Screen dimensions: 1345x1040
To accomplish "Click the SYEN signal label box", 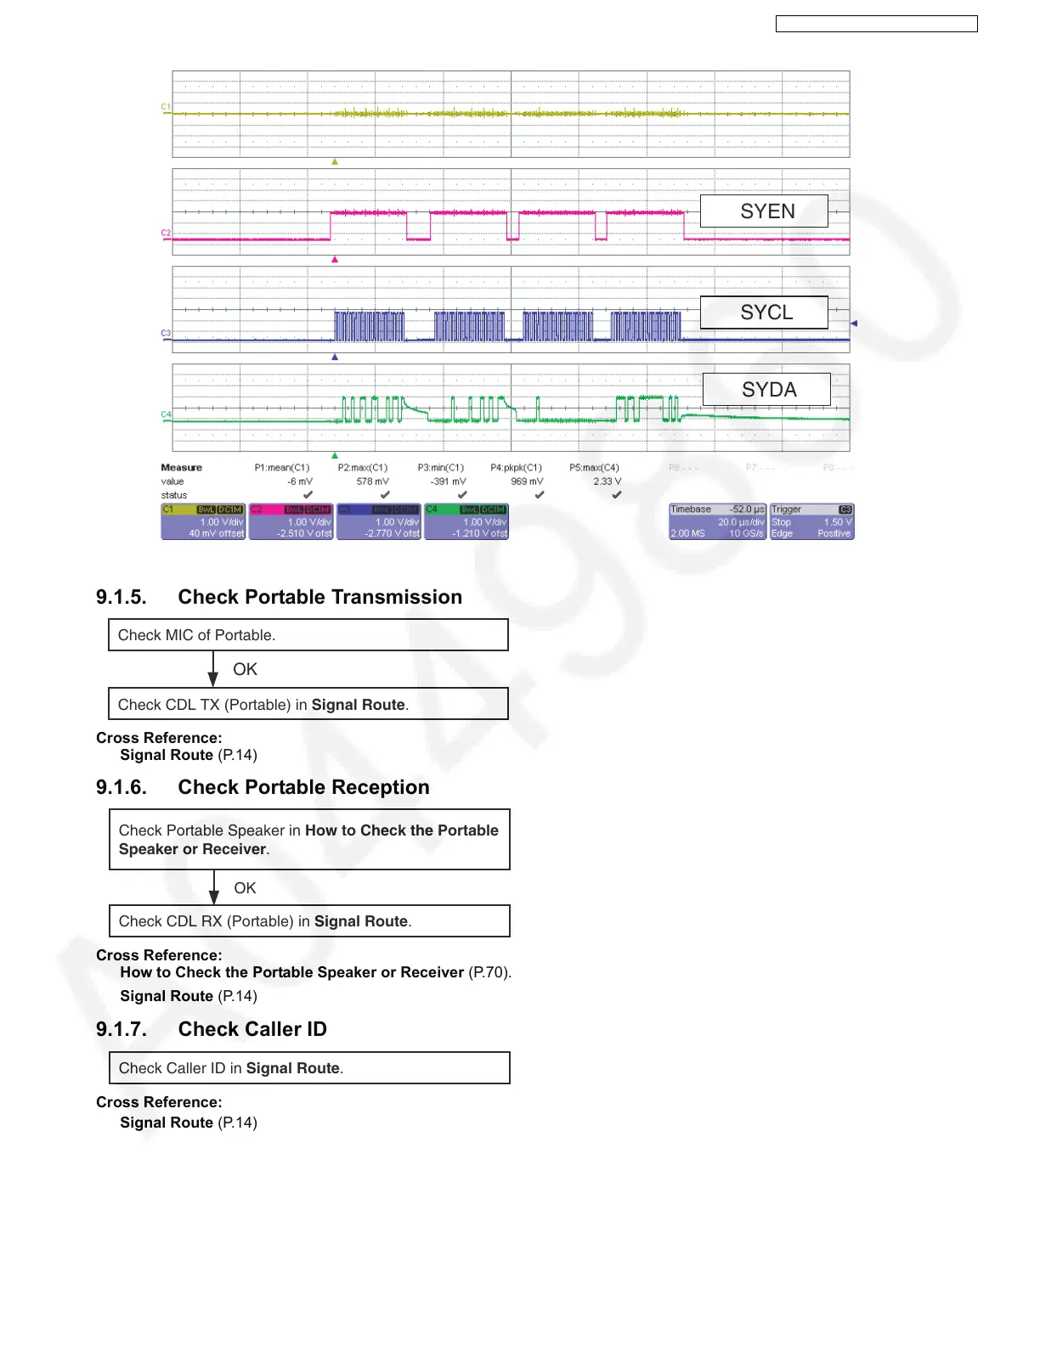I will click(x=763, y=211).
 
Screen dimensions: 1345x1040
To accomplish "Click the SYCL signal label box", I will click(x=763, y=312).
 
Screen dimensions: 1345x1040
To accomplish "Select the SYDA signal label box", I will click(x=766, y=389).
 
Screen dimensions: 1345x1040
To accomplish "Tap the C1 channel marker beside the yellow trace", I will click(x=166, y=107).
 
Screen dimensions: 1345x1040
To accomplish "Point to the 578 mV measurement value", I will click(x=372, y=481).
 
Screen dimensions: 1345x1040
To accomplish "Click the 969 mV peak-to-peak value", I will click(x=527, y=481).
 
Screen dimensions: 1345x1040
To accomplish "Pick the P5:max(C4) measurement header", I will click(x=594, y=468).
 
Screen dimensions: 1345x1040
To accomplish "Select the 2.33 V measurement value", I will click(x=607, y=481).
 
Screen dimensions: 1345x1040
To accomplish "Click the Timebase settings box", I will click(x=717, y=521).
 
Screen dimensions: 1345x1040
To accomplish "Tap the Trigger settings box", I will click(x=811, y=521).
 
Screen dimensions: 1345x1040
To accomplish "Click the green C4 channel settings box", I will click(x=466, y=521).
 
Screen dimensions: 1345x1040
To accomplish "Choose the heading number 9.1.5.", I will click(x=121, y=597).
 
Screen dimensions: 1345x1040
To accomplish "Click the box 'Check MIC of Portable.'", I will click(x=308, y=635).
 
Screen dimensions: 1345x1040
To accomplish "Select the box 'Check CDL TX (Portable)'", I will click(x=308, y=704).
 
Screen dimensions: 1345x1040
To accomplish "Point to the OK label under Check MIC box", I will click(x=245, y=669).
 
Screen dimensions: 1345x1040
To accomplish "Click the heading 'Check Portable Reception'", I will click(x=303, y=787).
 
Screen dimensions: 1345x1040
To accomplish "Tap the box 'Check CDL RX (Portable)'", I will click(x=309, y=920).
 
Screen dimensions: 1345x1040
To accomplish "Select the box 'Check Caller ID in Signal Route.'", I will click(x=309, y=1067).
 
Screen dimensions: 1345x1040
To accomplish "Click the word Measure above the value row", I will click(x=181, y=468).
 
